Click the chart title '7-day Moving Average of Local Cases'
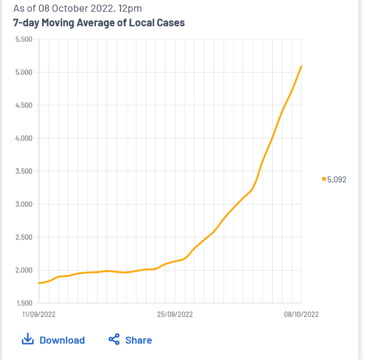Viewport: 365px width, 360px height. (x=99, y=23)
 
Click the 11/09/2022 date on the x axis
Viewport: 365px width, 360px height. (x=39, y=314)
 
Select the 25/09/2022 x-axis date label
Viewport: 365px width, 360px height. (x=175, y=314)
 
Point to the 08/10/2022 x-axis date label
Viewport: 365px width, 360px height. (x=301, y=314)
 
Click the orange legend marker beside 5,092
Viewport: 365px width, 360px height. (x=324, y=179)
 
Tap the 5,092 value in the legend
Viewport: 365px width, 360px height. (x=337, y=179)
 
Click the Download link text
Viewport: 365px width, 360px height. (x=62, y=340)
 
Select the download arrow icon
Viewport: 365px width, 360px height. (x=27, y=340)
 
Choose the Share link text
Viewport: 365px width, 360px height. (x=139, y=340)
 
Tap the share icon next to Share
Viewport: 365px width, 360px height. (x=114, y=340)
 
